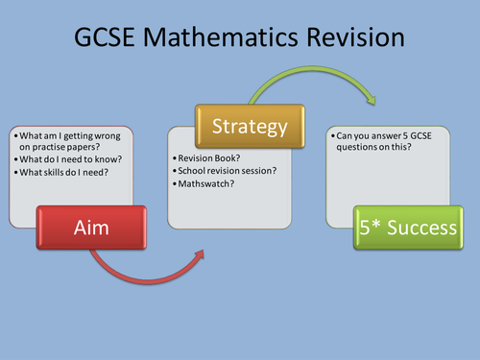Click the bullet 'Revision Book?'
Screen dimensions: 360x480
(205, 156)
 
